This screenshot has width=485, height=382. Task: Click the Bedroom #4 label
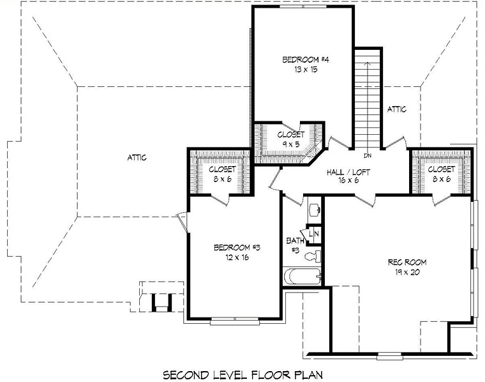(x=305, y=59)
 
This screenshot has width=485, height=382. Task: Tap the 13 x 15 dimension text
(x=306, y=70)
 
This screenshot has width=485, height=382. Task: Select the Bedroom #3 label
(x=237, y=248)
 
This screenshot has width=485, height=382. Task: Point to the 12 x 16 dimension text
(x=237, y=257)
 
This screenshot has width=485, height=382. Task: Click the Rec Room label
(x=407, y=263)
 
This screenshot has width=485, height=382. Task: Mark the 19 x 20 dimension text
(x=407, y=272)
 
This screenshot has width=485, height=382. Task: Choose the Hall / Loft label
(x=348, y=172)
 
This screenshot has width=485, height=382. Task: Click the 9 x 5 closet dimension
(x=291, y=144)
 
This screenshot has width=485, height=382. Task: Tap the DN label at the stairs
(x=368, y=156)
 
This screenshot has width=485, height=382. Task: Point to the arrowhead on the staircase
(x=368, y=63)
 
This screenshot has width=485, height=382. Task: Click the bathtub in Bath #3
(x=302, y=276)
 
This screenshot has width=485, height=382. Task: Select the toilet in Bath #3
(x=313, y=256)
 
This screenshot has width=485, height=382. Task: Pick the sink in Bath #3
(x=315, y=210)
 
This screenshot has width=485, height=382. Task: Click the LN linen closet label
(x=313, y=234)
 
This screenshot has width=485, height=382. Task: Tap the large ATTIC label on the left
(x=137, y=158)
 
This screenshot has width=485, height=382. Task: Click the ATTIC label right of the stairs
(x=397, y=109)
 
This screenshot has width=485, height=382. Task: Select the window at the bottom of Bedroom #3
(x=235, y=321)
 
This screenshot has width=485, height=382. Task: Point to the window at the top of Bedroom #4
(x=303, y=6)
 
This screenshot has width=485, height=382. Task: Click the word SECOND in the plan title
(x=186, y=375)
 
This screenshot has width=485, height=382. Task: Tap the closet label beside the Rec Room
(x=442, y=169)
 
